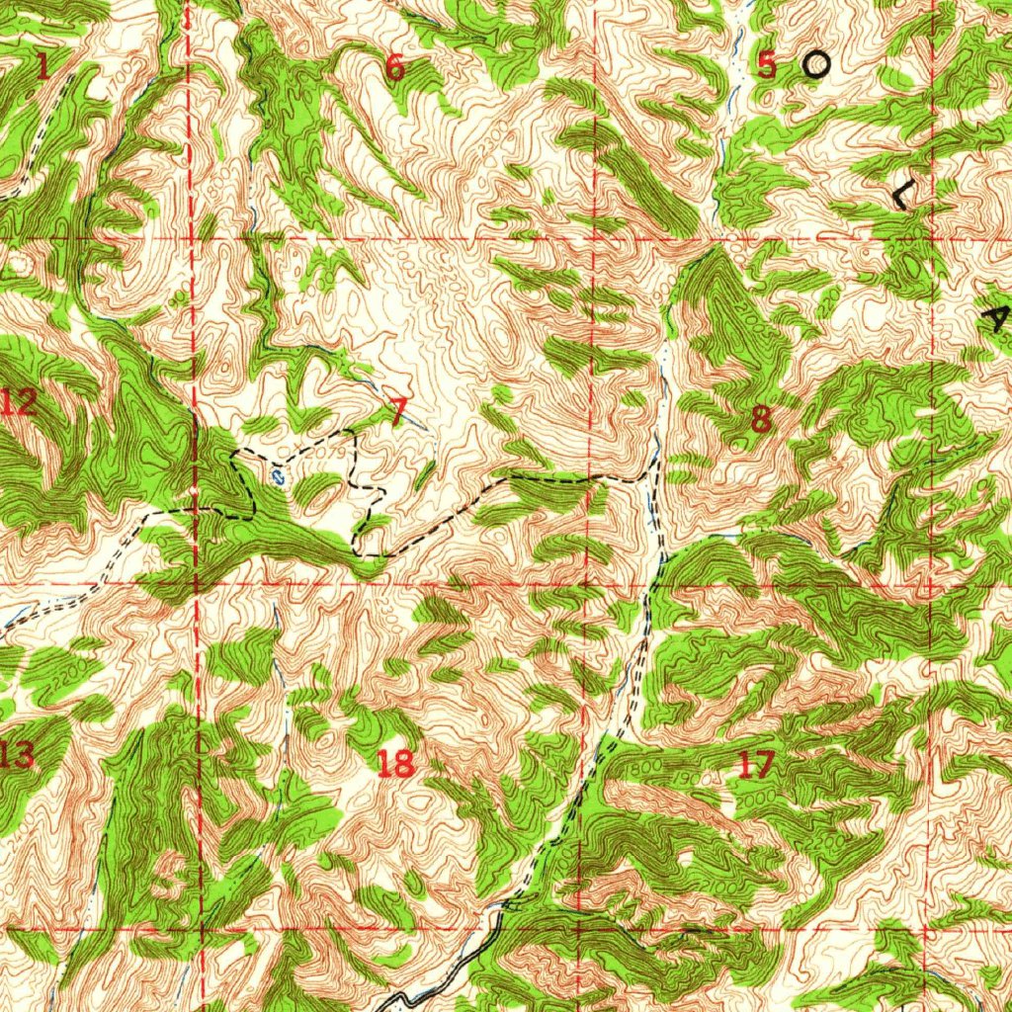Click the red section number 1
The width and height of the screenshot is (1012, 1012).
[x=42, y=67]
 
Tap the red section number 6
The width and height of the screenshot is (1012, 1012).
[x=394, y=67]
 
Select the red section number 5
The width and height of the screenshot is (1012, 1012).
[x=767, y=65]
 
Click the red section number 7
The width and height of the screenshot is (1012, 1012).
[x=397, y=413]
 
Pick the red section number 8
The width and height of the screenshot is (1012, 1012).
[x=760, y=419]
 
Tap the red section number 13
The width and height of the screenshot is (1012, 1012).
[x=17, y=756]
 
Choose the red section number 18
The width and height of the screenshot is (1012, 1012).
[x=395, y=762]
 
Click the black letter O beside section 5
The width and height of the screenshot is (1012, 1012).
[x=815, y=65]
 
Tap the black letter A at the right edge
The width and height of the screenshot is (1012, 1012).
[x=998, y=318]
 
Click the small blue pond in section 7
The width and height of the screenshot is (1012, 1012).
[x=279, y=476]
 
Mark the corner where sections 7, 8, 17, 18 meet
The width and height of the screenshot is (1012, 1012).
[x=590, y=584]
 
